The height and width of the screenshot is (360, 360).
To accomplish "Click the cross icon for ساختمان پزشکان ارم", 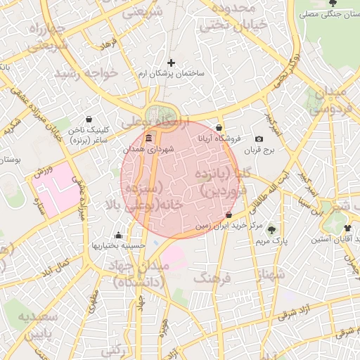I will [171, 63].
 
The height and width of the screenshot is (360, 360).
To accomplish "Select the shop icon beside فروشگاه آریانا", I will [219, 128].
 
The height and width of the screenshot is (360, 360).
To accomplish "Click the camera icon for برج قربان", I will [259, 139].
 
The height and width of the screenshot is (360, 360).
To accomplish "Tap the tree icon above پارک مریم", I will [272, 230].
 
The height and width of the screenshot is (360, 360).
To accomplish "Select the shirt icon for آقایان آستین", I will [348, 229].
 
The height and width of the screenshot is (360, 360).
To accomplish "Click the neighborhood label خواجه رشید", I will [89, 74].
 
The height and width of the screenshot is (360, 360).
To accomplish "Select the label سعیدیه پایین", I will [32, 324].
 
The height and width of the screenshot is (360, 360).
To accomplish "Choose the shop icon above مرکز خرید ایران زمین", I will [229, 214].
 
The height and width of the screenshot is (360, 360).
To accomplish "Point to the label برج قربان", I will [262, 150].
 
